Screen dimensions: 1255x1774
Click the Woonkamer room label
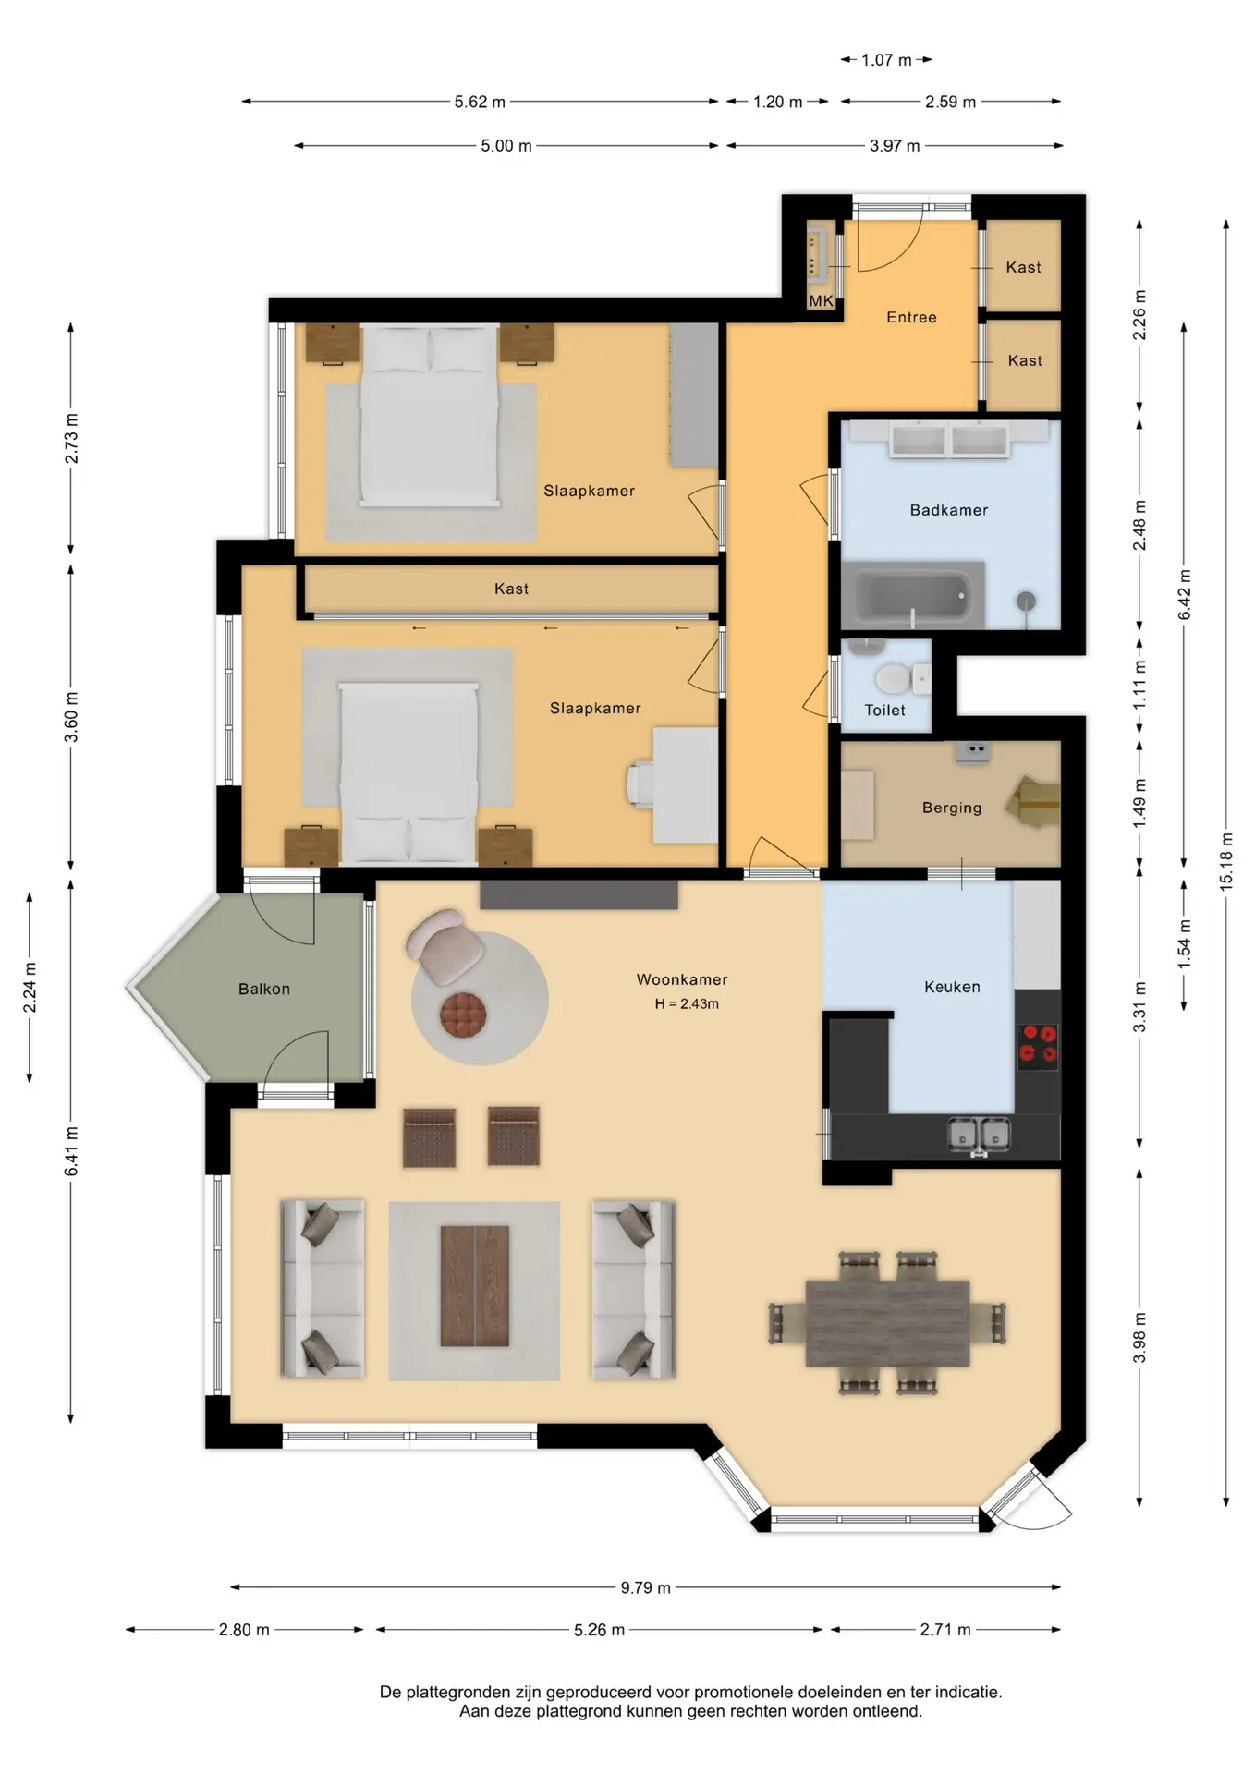point(682,979)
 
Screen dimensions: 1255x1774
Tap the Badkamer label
point(949,510)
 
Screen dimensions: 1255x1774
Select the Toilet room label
point(884,711)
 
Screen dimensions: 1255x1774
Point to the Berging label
point(952,808)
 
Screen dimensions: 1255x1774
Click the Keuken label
point(952,987)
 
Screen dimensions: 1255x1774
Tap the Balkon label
point(264,989)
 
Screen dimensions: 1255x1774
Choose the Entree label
point(911,317)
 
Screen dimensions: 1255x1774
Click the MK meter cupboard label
point(821,300)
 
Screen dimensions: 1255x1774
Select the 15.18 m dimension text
point(1226,862)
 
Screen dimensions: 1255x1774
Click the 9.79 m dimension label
point(645,1587)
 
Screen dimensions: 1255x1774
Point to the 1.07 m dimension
point(886,60)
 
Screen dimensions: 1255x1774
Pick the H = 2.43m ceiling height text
point(687,1004)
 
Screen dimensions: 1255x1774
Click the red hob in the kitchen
point(1038,1044)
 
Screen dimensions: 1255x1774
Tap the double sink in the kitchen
point(980,1134)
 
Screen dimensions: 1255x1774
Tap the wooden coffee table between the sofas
point(475,1285)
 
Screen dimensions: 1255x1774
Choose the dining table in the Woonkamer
point(887,1323)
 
